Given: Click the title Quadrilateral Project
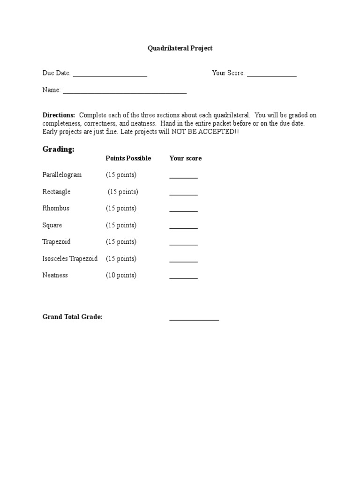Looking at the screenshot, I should point(180,48).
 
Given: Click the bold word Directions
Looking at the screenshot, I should point(59,115).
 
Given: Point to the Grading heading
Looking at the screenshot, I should point(59,149).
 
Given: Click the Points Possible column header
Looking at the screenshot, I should point(128,158).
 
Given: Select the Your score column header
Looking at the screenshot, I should point(186,158).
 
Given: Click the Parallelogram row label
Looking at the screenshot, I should point(62,175).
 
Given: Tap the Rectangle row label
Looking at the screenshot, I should point(56,192).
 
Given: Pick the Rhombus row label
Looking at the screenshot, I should point(56,208).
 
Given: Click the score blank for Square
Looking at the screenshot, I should point(183,228).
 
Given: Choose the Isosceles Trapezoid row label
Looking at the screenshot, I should point(70,258).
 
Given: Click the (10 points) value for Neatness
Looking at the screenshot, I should point(121,275).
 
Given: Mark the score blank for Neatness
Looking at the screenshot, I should point(183,277).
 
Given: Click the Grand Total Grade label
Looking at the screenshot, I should point(72,317).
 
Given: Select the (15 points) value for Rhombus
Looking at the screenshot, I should point(121,208).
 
